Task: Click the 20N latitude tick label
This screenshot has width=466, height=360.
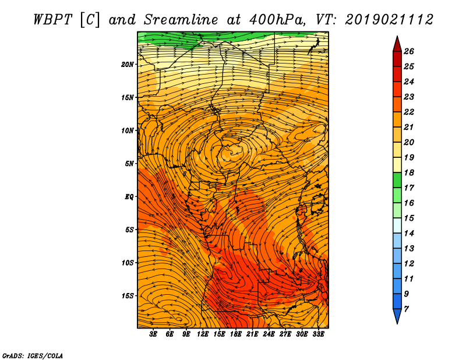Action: coord(128,64)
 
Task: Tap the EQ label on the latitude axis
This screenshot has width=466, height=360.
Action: coord(129,196)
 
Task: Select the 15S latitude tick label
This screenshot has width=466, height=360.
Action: coord(128,296)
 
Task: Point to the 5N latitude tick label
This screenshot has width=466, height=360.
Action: coord(129,164)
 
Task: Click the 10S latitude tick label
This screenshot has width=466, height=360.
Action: coord(128,263)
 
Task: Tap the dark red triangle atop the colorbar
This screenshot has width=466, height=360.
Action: coord(397,44)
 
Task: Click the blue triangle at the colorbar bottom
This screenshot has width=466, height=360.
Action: coord(397,316)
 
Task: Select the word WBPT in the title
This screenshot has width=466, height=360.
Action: coord(53,20)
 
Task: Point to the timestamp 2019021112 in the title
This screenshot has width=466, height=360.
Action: coord(389,20)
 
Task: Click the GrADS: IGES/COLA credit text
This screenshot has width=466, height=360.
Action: coord(32,355)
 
